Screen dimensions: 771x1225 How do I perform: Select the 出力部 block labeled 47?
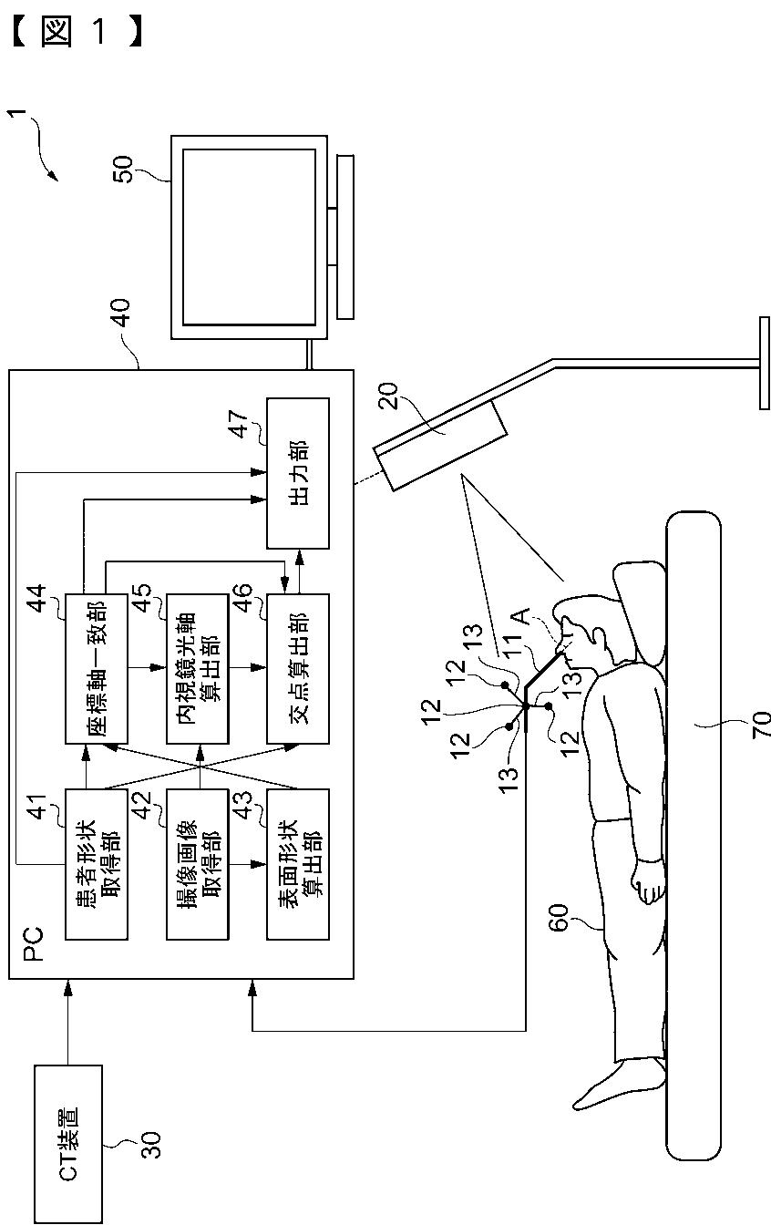(x=298, y=473)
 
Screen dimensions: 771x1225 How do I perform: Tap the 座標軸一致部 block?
(x=97, y=668)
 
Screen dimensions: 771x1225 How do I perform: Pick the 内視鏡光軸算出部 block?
(x=198, y=668)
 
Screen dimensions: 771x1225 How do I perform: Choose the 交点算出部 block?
(x=298, y=668)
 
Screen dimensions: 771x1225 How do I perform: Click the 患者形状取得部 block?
(x=97, y=865)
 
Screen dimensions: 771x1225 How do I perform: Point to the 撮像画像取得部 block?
(x=198, y=865)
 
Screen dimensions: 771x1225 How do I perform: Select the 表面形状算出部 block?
(x=298, y=865)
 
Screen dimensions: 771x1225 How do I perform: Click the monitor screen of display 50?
(x=250, y=237)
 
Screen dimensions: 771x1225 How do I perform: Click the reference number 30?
(x=151, y=1145)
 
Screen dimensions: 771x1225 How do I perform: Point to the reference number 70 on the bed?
(x=761, y=724)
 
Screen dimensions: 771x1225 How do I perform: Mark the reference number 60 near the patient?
(x=559, y=917)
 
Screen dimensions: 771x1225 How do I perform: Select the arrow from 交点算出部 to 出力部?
(x=299, y=571)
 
